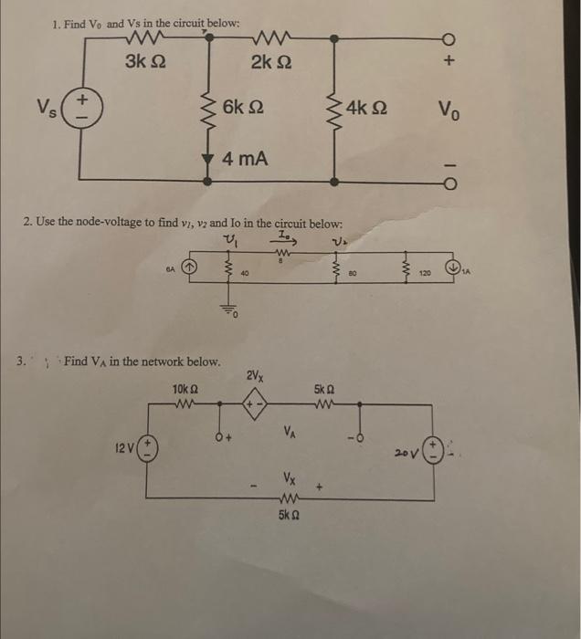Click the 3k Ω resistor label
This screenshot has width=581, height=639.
tap(146, 63)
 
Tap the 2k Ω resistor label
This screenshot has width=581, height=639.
tap(272, 63)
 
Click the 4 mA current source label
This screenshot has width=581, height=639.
tap(246, 160)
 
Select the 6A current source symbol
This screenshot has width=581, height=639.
tap(191, 269)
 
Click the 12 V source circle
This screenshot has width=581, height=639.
tap(146, 450)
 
